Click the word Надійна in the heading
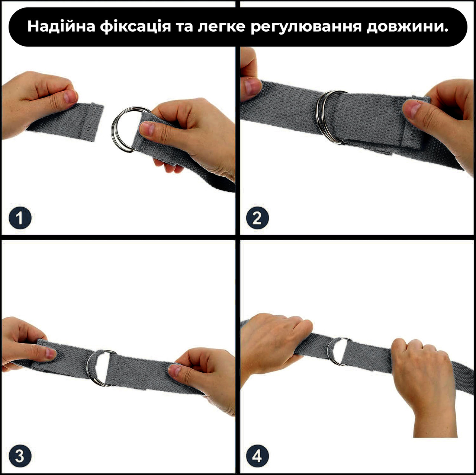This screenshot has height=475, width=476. (x=61, y=26)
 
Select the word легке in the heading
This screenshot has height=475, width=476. (x=221, y=27)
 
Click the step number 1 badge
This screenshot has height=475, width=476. (x=20, y=218)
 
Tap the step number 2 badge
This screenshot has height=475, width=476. (x=257, y=218)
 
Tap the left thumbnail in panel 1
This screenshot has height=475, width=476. (x=70, y=97)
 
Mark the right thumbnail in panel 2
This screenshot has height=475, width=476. (x=412, y=109)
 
